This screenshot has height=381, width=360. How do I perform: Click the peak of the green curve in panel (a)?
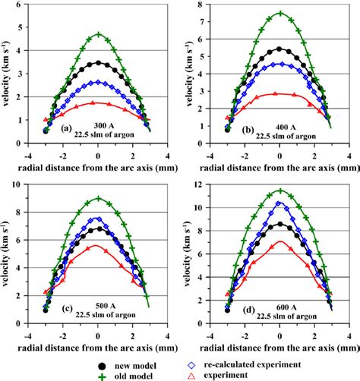[97, 34]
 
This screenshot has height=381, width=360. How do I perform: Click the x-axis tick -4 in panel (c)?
[28, 329]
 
